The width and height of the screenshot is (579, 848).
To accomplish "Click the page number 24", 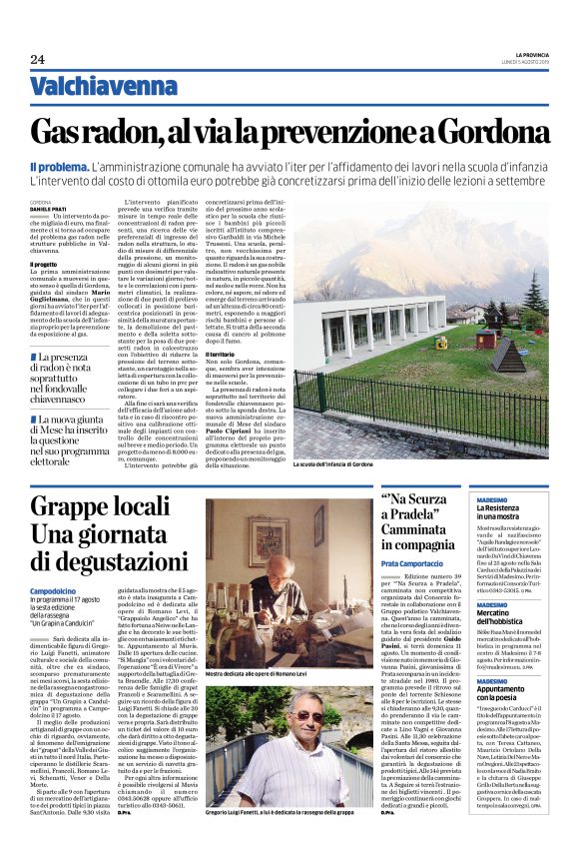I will [37, 60].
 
